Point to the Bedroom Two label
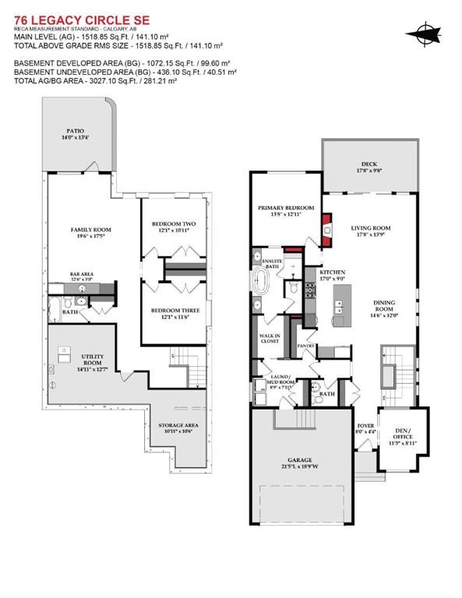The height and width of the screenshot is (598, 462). tap(174, 226)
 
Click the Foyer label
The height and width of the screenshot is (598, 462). tap(365, 426)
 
